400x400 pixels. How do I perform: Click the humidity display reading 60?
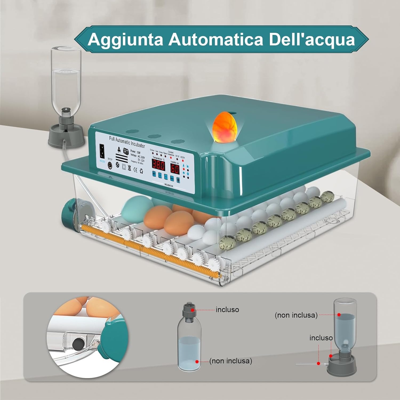coord(175,168)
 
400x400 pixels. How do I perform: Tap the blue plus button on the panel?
coord(160,175)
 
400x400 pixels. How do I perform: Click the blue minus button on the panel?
coord(166,177)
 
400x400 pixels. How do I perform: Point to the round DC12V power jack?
coord(110,165)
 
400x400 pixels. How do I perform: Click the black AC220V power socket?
coord(102,151)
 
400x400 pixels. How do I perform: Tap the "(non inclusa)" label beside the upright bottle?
coord(230,361)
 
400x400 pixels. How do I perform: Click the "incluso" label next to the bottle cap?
coord(227,310)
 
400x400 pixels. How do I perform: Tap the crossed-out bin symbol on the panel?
coord(129,168)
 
